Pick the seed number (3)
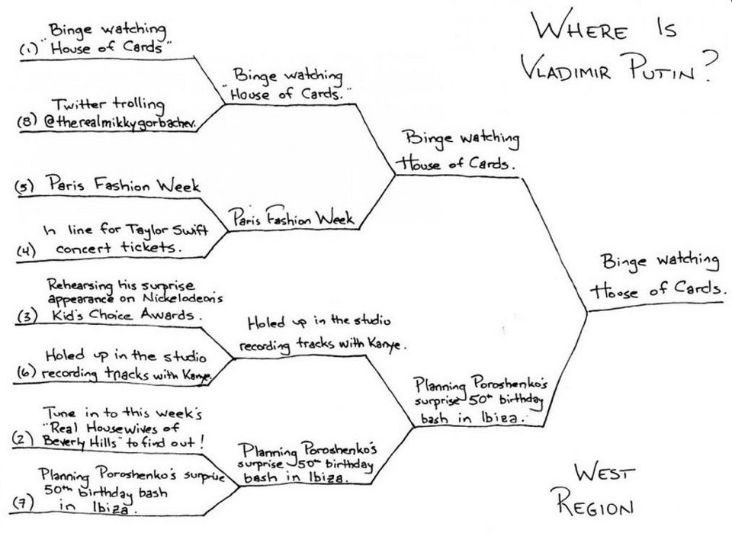tap(27, 317)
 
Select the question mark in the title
tap(711, 66)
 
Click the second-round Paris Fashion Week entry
tap(292, 217)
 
